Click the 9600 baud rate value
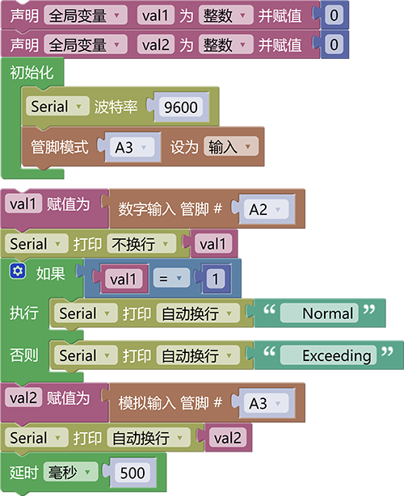pyautogui.click(x=181, y=107)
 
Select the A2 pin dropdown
pyautogui.click(x=267, y=209)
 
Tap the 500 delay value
pyautogui.click(x=133, y=473)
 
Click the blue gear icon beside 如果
pyautogui.click(x=18, y=271)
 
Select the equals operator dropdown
pyautogui.click(x=171, y=279)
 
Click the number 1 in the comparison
pyautogui.click(x=216, y=279)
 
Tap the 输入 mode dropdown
pyautogui.click(x=231, y=146)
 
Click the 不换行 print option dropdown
pyautogui.click(x=141, y=244)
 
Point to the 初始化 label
pyautogui.click(x=32, y=72)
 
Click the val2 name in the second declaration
pyautogui.click(x=156, y=44)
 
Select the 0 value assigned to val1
pyautogui.click(x=334, y=15)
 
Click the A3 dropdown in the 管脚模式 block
pyautogui.click(x=133, y=147)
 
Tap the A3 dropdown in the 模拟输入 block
pyautogui.click(x=267, y=403)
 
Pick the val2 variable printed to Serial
pyautogui.click(x=228, y=438)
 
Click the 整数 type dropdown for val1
pyautogui.click(x=226, y=15)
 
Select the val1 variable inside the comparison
pyautogui.click(x=123, y=279)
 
